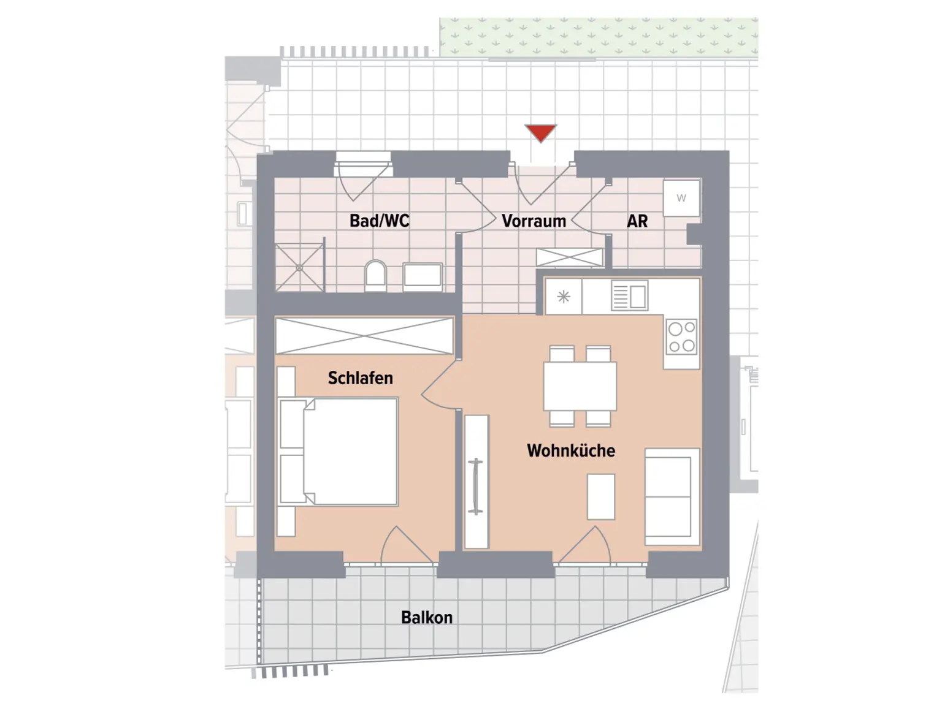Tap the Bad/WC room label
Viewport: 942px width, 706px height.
pos(379,221)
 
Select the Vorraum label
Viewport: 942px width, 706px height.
pos(534,221)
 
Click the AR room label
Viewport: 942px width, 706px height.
pos(637,221)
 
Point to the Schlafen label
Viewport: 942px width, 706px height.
pos(360,378)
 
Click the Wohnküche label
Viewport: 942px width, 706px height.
pos(570,450)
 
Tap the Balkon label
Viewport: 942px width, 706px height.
pos(427,617)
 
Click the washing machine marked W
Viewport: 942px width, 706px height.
pos(681,198)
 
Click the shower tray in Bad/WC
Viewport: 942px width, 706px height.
pos(299,267)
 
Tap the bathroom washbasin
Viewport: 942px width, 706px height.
pos(423,276)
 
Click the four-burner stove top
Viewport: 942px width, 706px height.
pos(682,336)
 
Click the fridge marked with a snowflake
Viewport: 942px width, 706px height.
pos(564,297)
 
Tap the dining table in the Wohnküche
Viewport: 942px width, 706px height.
pos(580,386)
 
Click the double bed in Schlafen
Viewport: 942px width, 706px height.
pos(350,451)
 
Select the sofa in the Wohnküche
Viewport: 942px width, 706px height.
pos(671,496)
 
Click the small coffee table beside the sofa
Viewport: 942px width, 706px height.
pos(601,496)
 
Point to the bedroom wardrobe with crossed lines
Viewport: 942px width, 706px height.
pos(364,335)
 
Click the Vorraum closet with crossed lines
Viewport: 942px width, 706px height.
pos(570,257)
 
